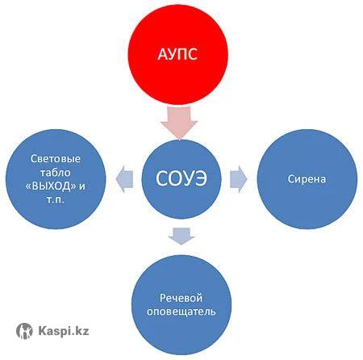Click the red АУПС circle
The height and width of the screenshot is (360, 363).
177,54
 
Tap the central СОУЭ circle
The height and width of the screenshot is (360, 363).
181,179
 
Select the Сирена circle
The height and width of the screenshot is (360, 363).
307,179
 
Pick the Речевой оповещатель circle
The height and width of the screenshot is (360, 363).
181,304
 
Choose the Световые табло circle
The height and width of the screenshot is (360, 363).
56,179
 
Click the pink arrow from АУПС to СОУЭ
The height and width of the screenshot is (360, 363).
179,123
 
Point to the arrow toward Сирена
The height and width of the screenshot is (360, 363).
239,179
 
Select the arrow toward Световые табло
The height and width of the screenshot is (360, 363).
124,179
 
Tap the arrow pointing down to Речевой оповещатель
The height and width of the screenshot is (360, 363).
181,236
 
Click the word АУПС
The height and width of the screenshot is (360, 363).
177,54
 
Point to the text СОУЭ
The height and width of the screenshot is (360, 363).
181,178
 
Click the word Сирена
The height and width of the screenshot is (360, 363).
307,179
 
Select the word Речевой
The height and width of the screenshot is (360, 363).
181,298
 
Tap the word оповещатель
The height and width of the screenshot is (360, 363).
181,312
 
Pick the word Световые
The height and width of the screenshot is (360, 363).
56,159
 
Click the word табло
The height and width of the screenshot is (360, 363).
56,173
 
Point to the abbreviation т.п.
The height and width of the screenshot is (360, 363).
56,200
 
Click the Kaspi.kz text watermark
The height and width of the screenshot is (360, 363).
64,330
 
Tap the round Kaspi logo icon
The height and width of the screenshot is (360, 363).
24,331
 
